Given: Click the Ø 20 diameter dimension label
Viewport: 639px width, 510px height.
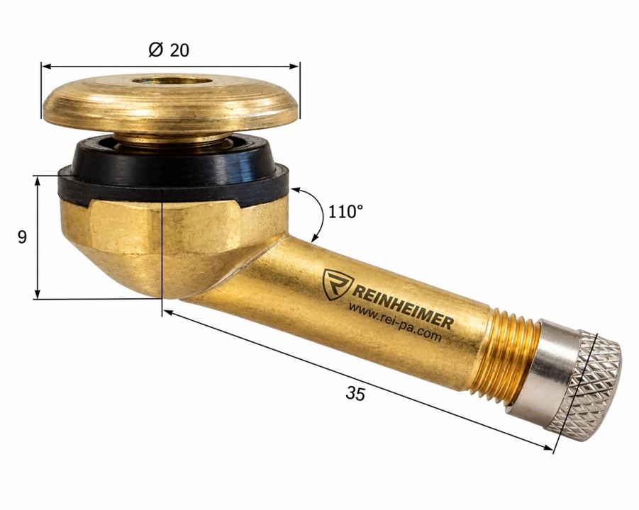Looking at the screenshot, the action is click(x=169, y=50).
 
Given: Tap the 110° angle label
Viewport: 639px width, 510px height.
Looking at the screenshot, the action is click(x=345, y=212).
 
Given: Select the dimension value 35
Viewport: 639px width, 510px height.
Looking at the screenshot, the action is click(x=355, y=394).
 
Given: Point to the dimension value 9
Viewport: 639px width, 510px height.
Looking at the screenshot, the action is click(x=22, y=237).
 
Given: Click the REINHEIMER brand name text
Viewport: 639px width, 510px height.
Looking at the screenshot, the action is click(x=401, y=305).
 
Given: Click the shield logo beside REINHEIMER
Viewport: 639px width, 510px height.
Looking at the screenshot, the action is click(x=337, y=285).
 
